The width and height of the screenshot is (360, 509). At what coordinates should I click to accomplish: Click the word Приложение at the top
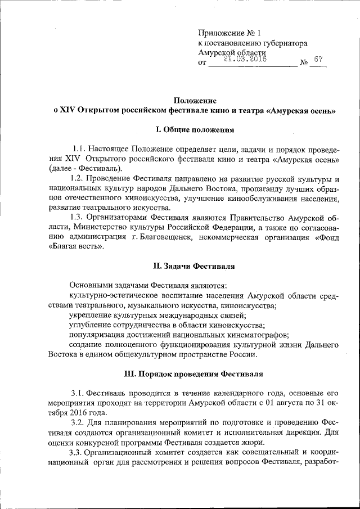[222, 32]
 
